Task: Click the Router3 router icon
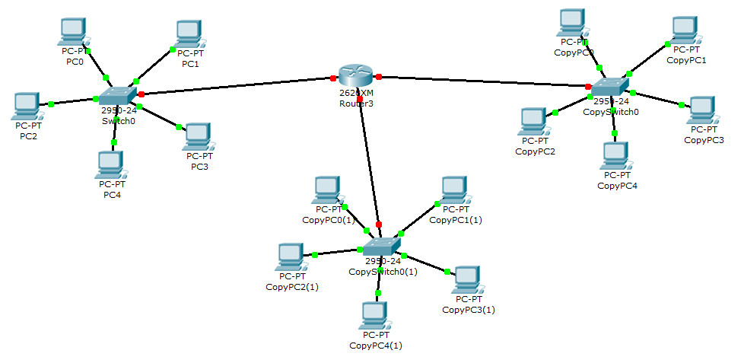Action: [x=356, y=75]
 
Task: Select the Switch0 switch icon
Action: [x=118, y=95]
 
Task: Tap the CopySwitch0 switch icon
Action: [x=610, y=87]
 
